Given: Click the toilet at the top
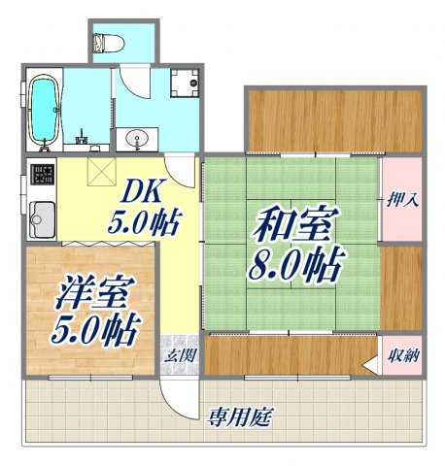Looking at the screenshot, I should (105, 42).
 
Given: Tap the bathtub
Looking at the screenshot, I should (42, 110).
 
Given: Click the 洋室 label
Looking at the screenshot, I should (91, 292).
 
